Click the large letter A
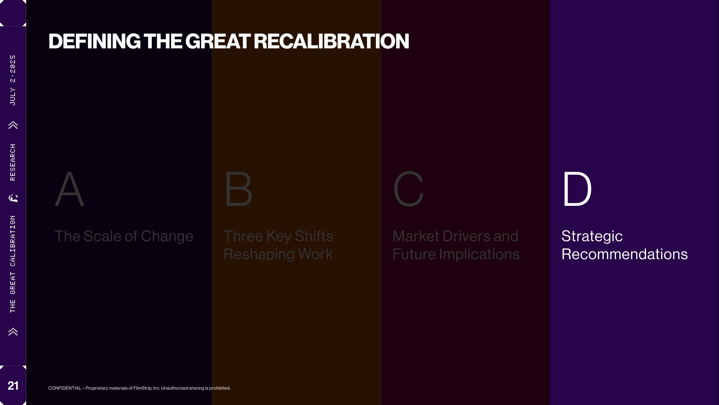[x=70, y=189]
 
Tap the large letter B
[x=239, y=189]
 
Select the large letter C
[x=409, y=189]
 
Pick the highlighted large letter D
[x=577, y=189]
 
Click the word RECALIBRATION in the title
[x=331, y=41]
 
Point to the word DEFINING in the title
[x=94, y=41]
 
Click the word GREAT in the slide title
[x=218, y=41]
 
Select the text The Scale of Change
[x=124, y=236]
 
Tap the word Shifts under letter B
[x=314, y=236]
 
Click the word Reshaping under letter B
[x=259, y=255]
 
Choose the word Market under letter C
[x=416, y=236]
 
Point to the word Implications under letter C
[x=479, y=255]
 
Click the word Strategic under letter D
[x=592, y=237]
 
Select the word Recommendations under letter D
[x=625, y=254]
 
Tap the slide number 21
[x=13, y=385]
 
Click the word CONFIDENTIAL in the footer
[x=65, y=388]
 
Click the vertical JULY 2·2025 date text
[x=13, y=80]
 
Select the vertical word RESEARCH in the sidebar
[x=13, y=162]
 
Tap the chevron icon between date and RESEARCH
[x=13, y=125]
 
